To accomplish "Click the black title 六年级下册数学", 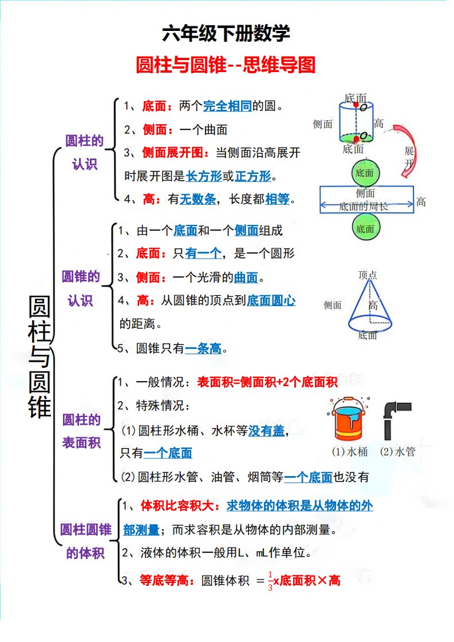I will click(x=226, y=34).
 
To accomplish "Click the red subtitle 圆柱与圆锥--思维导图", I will click(x=226, y=65).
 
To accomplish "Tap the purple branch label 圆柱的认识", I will click(x=85, y=152).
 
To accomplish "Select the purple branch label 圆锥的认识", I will click(x=81, y=288).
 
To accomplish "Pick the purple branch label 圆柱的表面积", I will click(x=81, y=431).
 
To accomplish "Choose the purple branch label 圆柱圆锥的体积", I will click(x=85, y=541).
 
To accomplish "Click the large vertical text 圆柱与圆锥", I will click(x=40, y=357).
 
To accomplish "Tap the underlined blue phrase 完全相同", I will click(x=227, y=106).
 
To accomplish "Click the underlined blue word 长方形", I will click(x=204, y=176).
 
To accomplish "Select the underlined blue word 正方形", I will click(x=252, y=176).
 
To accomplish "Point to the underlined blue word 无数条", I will click(x=198, y=199).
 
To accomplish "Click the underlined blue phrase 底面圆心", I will click(x=271, y=300).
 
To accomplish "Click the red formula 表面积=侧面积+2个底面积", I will click(x=267, y=382).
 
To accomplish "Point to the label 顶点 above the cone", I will click(x=368, y=275).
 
